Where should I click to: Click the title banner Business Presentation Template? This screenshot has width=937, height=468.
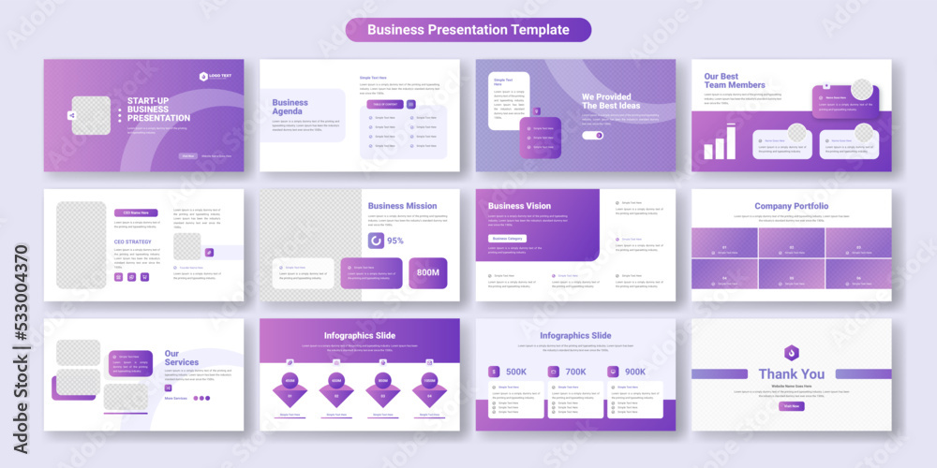click(468, 30)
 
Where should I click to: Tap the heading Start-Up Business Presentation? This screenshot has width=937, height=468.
click(158, 110)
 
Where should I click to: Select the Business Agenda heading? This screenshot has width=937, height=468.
click(290, 107)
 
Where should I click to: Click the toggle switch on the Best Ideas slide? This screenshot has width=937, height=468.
click(592, 135)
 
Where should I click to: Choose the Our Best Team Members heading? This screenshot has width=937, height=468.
click(735, 80)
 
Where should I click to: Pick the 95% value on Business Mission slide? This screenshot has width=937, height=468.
click(395, 241)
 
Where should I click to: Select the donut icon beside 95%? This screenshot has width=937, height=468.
click(375, 241)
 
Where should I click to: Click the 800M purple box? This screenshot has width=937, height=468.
click(427, 272)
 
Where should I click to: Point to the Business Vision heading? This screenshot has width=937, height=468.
click(520, 206)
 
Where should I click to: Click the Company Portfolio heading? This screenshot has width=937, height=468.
click(792, 206)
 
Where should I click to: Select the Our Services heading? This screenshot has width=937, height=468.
click(182, 358)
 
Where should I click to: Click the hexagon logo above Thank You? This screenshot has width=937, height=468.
click(792, 353)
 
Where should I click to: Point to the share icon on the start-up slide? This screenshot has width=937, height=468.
click(71, 116)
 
